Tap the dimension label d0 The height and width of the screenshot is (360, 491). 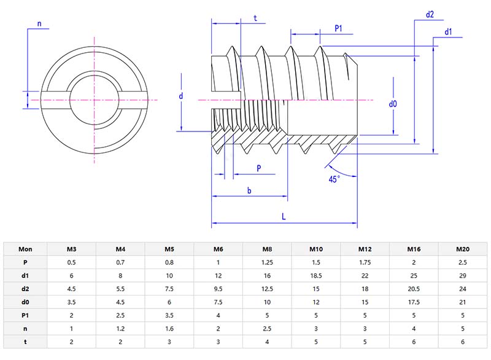[393, 104]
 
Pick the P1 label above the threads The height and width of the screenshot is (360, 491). [338, 28]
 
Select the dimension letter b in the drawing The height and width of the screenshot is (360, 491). [249, 190]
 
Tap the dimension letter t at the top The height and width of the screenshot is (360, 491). [255, 18]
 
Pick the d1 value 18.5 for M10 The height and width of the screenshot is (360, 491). [316, 276]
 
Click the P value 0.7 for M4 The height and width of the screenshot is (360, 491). [120, 262]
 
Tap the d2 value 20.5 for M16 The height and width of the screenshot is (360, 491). [414, 289]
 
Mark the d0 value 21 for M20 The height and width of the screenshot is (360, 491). [463, 302]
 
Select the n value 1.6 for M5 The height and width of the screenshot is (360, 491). [169, 329]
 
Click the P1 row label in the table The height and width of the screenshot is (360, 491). [25, 316]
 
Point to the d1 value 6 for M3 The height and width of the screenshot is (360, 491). [71, 276]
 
